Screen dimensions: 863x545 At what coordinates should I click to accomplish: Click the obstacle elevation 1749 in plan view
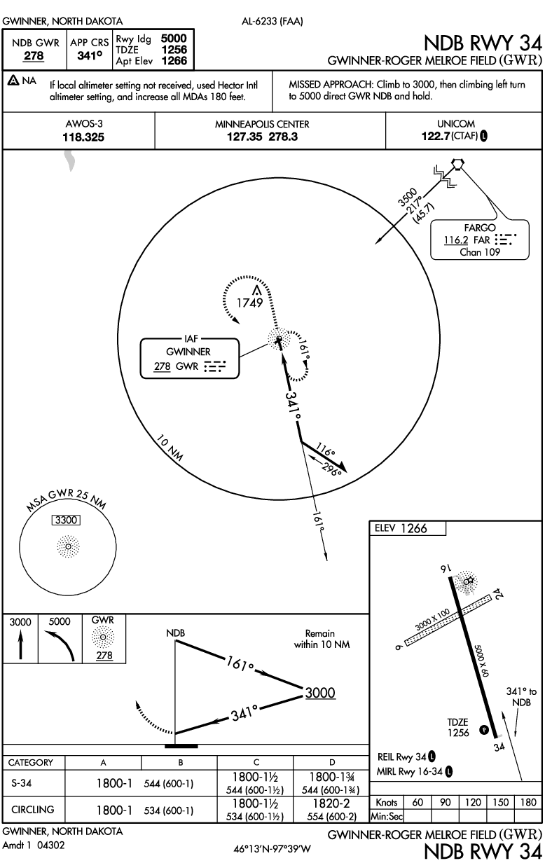249,303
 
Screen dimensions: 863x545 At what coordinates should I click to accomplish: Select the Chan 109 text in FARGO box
480,252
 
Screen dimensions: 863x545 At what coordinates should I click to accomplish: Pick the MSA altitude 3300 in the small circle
67,520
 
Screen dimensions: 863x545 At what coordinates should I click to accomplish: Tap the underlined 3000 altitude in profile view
319,692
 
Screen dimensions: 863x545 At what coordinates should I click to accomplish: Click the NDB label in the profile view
176,633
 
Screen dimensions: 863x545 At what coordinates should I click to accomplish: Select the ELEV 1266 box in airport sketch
407,529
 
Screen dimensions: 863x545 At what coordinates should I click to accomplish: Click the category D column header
332,762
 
